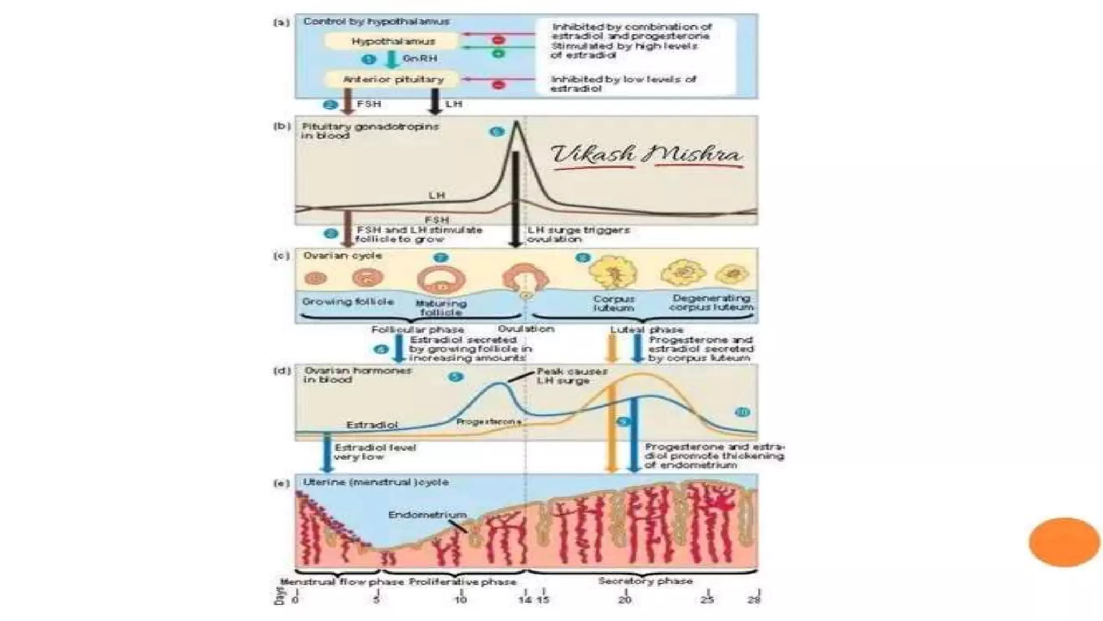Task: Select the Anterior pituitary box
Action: tap(393, 80)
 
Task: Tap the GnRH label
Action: tap(420, 59)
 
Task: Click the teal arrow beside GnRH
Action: tap(392, 59)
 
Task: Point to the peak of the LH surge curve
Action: tap(516, 123)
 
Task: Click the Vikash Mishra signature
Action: tap(646, 155)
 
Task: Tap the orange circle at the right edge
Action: tap(1064, 542)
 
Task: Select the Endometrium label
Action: tap(428, 515)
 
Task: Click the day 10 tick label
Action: tap(461, 599)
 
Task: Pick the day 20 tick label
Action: tap(625, 599)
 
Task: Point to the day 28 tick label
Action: tap(754, 599)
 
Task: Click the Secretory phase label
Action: tap(645, 581)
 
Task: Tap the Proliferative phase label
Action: tap(463, 582)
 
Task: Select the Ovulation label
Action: tap(526, 329)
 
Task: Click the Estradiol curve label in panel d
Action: tap(372, 425)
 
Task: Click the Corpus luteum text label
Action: tap(613, 303)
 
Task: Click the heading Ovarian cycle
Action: tap(343, 255)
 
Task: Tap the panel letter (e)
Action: tap(282, 483)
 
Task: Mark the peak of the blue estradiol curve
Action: tap(500, 383)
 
